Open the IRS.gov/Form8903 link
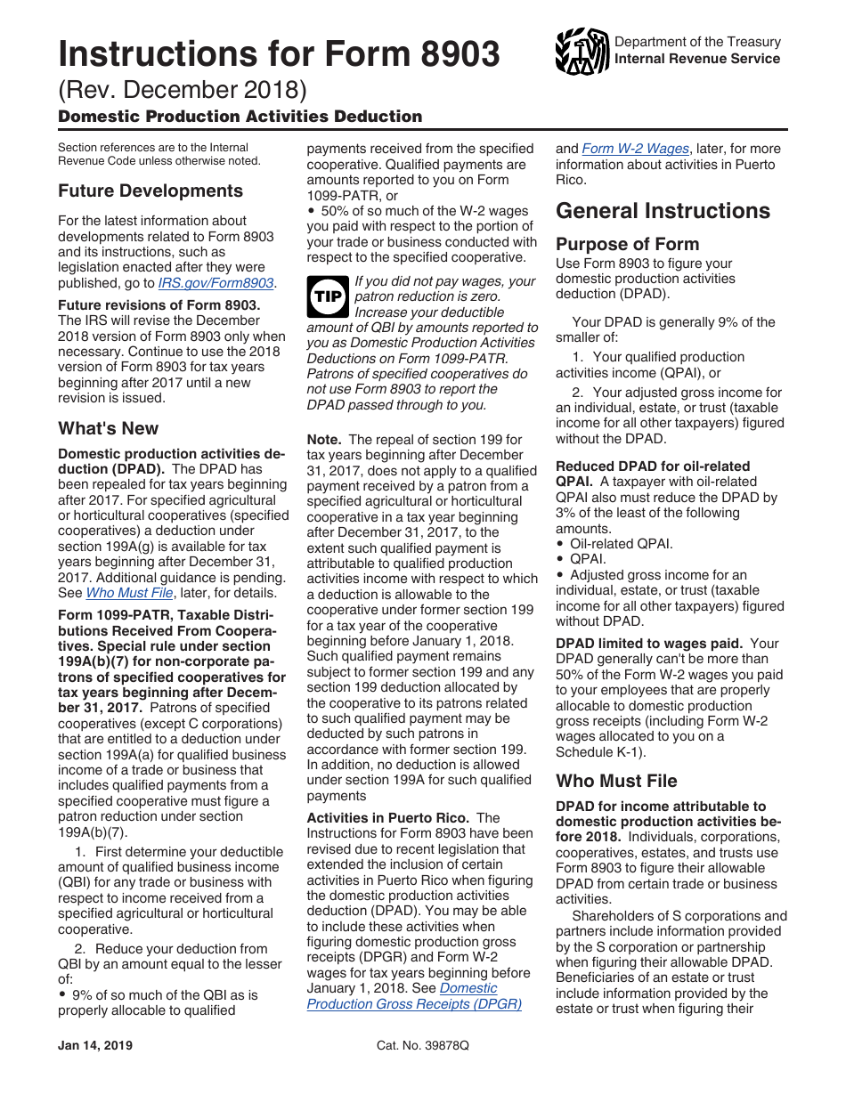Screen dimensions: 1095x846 (x=216, y=283)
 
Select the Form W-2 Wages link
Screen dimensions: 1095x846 (x=635, y=149)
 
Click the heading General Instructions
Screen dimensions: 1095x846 (x=663, y=211)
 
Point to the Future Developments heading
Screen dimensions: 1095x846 (x=150, y=191)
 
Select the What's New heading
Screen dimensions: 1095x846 (x=108, y=428)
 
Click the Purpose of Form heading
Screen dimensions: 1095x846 (x=627, y=244)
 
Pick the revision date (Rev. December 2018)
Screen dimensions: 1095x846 (x=183, y=91)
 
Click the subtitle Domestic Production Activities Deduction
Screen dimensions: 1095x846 (x=240, y=117)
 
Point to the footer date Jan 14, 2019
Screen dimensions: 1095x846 (x=94, y=1046)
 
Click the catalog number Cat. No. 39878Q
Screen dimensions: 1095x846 (x=422, y=1046)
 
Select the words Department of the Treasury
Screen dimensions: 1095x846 (x=697, y=42)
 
